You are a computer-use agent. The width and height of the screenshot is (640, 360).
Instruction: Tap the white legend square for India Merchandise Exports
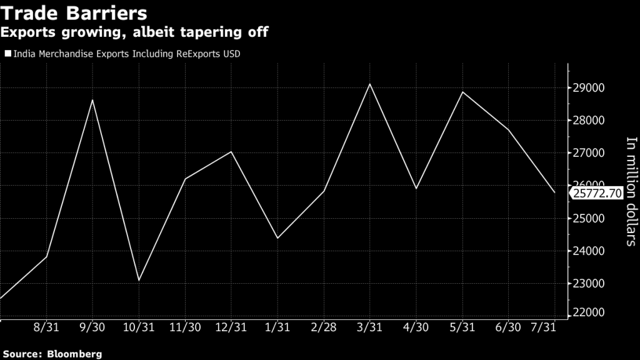click(x=7, y=54)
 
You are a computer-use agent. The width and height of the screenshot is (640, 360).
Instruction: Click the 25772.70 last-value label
click(x=596, y=194)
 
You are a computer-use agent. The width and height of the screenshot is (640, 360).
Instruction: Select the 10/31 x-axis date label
click(x=139, y=327)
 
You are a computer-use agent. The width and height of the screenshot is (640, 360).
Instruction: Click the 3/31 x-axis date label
click(x=369, y=327)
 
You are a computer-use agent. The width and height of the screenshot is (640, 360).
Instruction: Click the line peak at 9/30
click(x=92, y=100)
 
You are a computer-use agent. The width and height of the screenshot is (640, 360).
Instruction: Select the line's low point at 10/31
click(x=139, y=280)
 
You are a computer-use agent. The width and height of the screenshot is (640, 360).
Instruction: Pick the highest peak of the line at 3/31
click(x=369, y=84)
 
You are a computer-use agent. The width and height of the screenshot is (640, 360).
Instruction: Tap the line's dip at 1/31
click(x=277, y=238)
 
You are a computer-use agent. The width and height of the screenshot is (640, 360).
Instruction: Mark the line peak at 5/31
click(x=462, y=92)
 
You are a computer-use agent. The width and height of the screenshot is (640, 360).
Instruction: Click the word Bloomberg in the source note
click(x=74, y=354)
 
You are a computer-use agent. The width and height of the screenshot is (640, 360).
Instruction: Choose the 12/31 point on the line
click(x=231, y=152)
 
